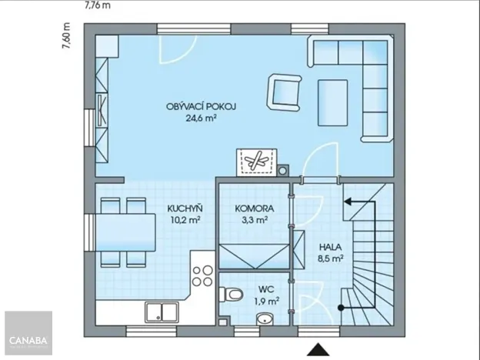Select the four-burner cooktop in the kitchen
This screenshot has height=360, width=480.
202,276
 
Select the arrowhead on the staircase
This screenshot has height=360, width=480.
348,202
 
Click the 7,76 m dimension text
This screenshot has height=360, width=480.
98,5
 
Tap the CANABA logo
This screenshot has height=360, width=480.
28,340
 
